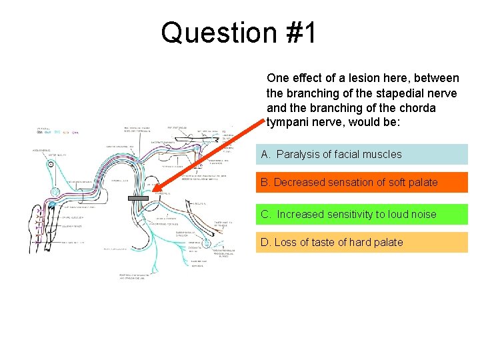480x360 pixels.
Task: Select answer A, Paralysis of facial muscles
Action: point(361,154)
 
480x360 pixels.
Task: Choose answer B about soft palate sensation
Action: point(361,182)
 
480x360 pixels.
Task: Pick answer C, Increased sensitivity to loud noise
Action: point(361,214)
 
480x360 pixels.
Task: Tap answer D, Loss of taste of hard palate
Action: point(361,242)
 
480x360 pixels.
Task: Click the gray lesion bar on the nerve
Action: point(138,198)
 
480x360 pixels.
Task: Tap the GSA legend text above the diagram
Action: point(39,133)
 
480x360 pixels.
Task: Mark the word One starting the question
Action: point(277,78)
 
